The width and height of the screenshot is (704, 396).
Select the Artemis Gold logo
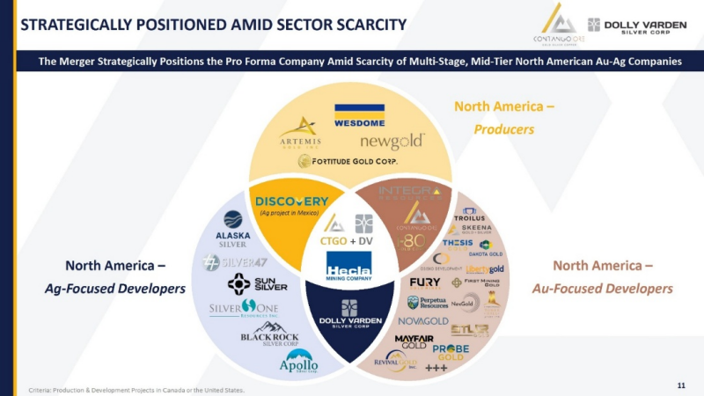coord(300,132)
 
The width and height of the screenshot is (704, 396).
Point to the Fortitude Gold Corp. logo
coord(348,161)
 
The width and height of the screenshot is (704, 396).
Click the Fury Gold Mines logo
coord(425,283)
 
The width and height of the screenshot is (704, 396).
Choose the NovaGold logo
coord(422,321)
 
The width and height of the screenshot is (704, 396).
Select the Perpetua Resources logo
coord(427,303)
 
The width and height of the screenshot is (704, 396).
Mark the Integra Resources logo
coord(409,191)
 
